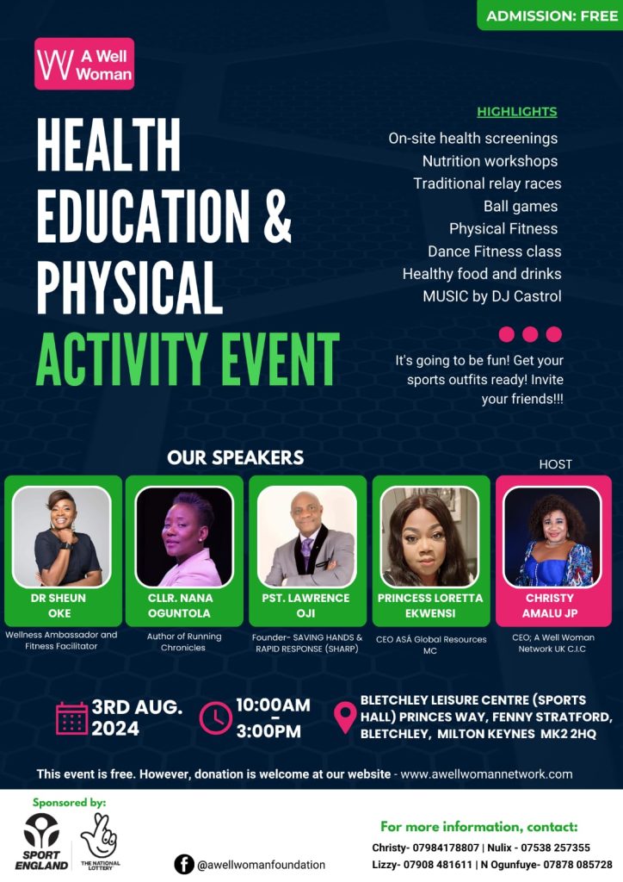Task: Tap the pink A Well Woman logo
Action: (84, 65)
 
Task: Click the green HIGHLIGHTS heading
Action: (516, 112)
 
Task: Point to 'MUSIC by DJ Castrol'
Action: (491, 296)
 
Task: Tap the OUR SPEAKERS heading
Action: (235, 457)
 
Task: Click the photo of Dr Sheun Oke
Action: (63, 536)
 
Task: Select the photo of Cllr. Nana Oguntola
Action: (185, 536)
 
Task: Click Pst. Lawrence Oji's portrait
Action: (307, 536)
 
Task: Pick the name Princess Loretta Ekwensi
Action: (430, 606)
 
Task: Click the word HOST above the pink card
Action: (555, 464)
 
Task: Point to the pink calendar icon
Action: (71, 718)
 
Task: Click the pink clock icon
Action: (215, 718)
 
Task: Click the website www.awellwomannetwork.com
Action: (486, 774)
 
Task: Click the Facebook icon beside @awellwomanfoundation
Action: (183, 864)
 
